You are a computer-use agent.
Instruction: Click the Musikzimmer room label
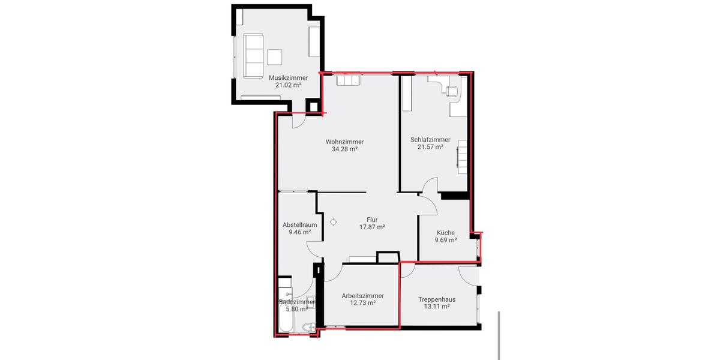point(288,78)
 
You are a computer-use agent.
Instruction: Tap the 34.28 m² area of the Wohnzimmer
point(344,149)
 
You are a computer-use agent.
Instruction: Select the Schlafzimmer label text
point(430,140)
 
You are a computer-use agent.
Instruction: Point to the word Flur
point(372,220)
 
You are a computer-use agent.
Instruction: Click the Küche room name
point(445,233)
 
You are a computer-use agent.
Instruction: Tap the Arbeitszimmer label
point(362,296)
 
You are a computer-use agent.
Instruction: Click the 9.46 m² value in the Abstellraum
point(299,232)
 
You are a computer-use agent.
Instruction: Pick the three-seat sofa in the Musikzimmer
point(254,55)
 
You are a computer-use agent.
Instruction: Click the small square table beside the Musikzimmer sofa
point(275,56)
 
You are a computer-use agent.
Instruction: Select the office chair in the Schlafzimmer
point(451,90)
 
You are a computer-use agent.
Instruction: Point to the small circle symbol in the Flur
point(334,221)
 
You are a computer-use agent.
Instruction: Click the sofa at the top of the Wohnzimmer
point(349,80)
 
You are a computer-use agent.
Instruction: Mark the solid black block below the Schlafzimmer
point(454,196)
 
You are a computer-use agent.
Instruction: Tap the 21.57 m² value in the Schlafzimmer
point(430,147)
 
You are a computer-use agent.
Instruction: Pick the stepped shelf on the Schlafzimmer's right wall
point(462,157)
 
